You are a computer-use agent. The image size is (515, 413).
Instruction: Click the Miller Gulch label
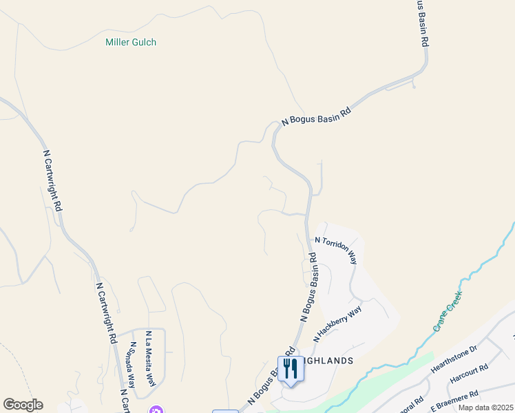pyautogui.click(x=131, y=42)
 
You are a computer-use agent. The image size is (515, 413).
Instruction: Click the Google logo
pyautogui.click(x=23, y=405)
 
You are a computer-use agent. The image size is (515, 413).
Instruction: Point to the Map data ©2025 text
pyautogui.click(x=485, y=407)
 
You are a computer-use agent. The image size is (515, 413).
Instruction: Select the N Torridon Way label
pyautogui.click(x=336, y=251)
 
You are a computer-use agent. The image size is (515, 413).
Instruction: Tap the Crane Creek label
pyautogui.click(x=448, y=311)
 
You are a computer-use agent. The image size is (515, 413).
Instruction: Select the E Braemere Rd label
pyautogui.click(x=455, y=401)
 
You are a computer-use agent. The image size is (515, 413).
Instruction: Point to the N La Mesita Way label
pyautogui.click(x=150, y=359)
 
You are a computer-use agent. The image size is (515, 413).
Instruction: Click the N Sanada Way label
pyautogui.click(x=131, y=367)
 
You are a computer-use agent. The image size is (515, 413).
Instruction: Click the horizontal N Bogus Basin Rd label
pyautogui.click(x=317, y=118)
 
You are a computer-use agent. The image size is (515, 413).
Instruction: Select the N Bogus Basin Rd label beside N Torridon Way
pyautogui.click(x=308, y=287)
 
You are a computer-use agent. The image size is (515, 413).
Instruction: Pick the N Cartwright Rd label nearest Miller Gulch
pyautogui.click(x=53, y=180)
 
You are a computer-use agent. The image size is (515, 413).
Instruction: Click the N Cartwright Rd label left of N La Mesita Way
pyautogui.click(x=105, y=313)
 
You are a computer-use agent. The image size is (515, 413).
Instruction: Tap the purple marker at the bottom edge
pyautogui.click(x=156, y=410)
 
